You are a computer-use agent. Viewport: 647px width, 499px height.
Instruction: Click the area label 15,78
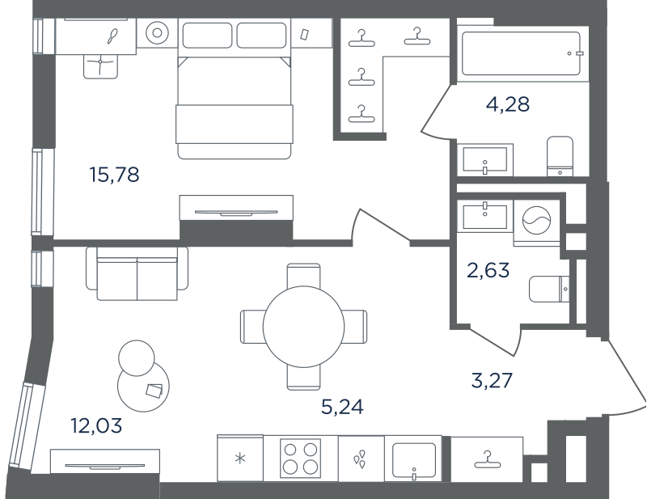point(114,175)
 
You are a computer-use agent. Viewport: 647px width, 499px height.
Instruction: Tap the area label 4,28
point(508,104)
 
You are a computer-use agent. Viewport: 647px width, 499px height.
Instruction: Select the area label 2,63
point(488,270)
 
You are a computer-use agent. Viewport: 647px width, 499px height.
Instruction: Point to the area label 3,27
point(492,380)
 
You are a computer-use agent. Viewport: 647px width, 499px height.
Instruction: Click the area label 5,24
point(342,407)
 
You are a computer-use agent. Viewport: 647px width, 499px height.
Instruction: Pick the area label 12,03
point(96,425)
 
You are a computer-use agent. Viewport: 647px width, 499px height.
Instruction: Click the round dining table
point(304,327)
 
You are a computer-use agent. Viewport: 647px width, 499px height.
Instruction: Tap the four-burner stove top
point(300,458)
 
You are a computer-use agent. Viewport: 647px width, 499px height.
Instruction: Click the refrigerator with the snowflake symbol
point(240,458)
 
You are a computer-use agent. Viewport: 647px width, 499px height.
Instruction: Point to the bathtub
point(522,53)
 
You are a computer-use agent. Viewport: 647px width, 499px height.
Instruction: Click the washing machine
point(536,222)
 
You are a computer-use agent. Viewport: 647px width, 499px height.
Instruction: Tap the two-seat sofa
point(137,273)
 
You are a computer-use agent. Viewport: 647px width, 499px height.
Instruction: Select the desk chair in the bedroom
point(100,66)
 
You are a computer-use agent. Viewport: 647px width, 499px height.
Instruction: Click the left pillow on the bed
point(207,36)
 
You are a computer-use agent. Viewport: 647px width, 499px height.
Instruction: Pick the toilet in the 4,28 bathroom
point(560,156)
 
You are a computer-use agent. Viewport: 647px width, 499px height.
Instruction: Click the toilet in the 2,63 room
point(549,289)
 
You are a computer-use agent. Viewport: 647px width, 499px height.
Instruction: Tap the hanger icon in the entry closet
point(488,459)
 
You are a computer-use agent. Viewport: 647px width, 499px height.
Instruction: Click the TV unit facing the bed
point(236,208)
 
